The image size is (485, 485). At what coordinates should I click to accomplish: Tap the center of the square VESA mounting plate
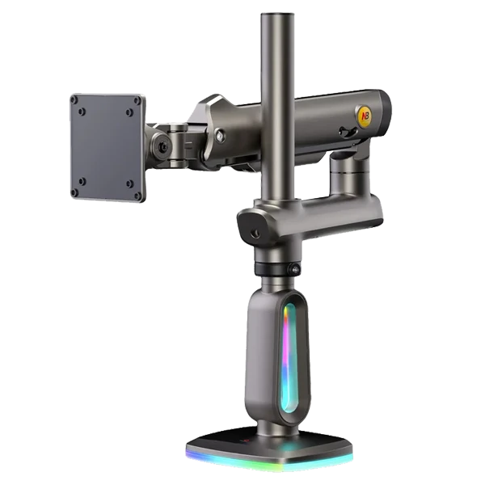[x=107, y=147]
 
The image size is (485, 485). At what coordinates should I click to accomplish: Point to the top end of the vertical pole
[x=274, y=15]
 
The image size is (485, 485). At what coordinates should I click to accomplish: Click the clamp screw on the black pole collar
[x=295, y=269]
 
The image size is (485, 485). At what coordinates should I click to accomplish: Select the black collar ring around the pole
[x=275, y=268]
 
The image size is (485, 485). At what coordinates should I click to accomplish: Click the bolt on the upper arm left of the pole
[x=220, y=137]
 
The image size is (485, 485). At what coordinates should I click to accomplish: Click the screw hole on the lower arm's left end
[x=255, y=234]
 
